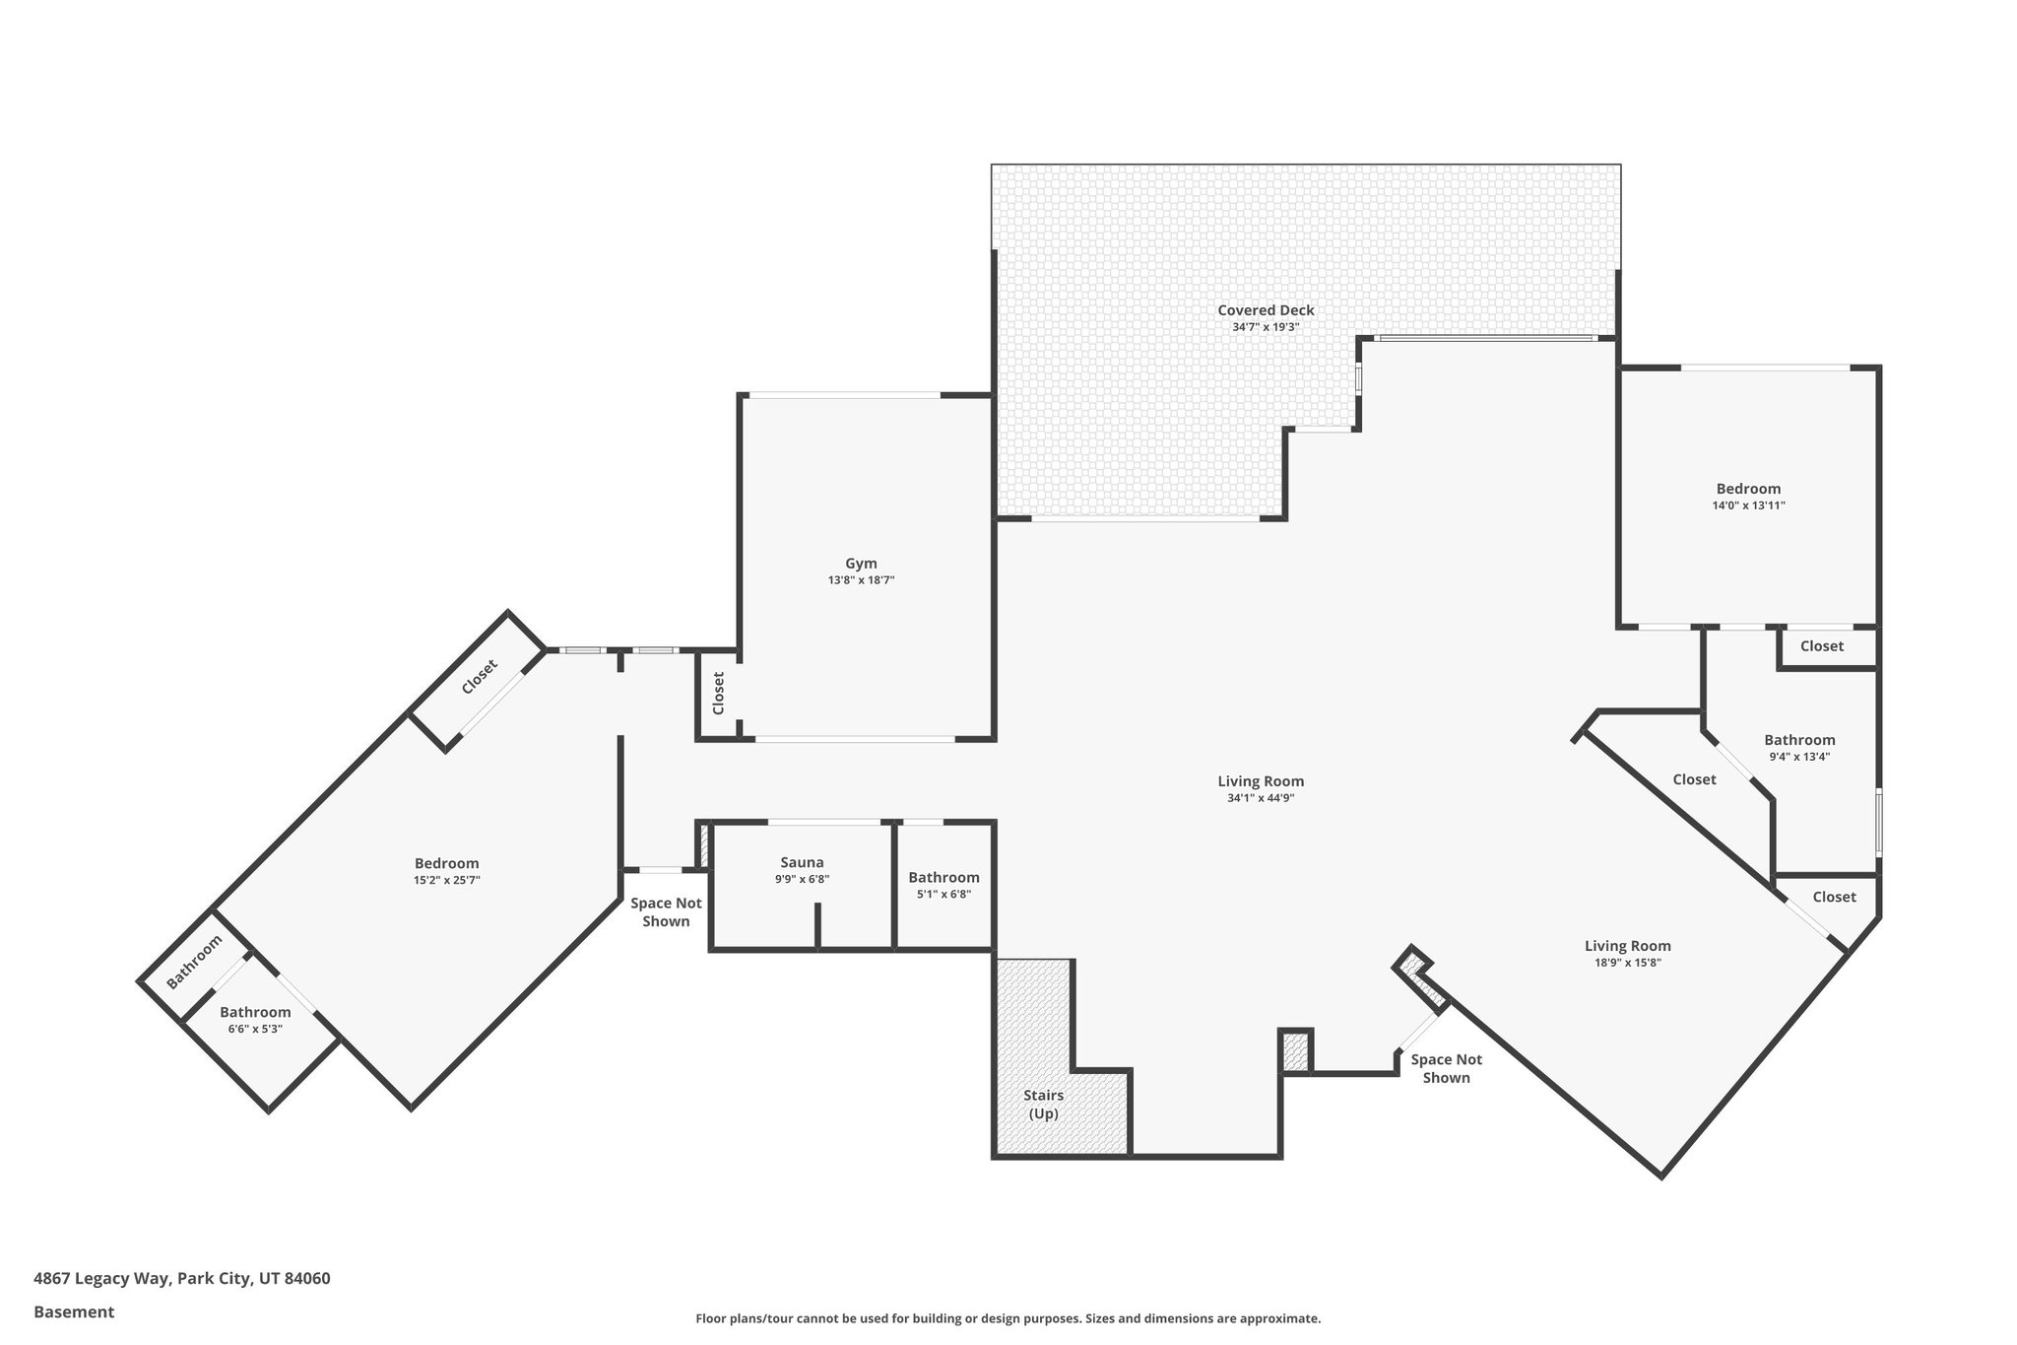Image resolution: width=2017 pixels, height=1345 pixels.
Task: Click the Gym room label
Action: tap(861, 564)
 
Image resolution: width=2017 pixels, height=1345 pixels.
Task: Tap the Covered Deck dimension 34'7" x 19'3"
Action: tap(1266, 327)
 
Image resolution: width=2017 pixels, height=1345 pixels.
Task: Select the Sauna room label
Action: tap(802, 862)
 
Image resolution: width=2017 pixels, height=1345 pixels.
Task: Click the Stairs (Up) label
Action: tap(1043, 1105)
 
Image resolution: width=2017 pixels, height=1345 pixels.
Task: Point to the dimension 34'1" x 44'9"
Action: tap(1260, 798)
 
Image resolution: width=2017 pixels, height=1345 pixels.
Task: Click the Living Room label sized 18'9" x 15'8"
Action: tap(1627, 946)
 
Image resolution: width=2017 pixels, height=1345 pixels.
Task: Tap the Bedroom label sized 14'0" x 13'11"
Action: tap(1748, 489)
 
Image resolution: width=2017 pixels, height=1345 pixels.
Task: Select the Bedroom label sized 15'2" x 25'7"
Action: tap(446, 863)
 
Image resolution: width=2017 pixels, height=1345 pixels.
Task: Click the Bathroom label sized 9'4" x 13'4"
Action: tap(1799, 740)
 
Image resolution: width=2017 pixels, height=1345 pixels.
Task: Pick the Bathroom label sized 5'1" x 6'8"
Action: tap(943, 877)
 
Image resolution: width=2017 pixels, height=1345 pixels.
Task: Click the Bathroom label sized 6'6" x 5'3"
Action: tap(255, 1012)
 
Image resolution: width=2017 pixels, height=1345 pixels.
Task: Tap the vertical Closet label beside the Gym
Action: tap(718, 693)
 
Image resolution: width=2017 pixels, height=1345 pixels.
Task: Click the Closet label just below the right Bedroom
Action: tap(1821, 646)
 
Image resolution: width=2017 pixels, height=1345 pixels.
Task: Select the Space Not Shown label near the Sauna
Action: tap(666, 912)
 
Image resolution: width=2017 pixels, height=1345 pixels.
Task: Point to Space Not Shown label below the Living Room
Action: tap(1446, 1068)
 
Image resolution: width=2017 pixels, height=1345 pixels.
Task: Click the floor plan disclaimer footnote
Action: tap(1008, 1318)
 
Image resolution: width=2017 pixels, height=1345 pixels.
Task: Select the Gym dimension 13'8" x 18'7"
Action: tap(861, 580)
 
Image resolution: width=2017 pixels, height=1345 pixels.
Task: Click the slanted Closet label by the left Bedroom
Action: tap(480, 677)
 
